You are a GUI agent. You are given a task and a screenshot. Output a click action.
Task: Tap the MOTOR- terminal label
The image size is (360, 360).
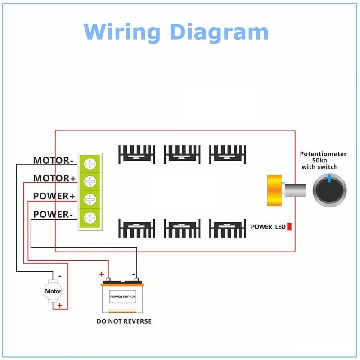coord(53,160)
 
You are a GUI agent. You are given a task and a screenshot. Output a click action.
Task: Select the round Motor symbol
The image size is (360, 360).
coord(53,291)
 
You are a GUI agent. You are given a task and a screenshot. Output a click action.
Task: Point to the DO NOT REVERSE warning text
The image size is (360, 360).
coord(124,321)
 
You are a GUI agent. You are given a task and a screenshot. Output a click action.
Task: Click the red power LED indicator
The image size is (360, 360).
coord(289,226)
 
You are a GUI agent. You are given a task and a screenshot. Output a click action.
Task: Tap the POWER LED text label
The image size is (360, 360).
coord(268,227)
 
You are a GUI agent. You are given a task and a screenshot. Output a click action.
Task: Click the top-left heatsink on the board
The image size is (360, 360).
coord(137,154)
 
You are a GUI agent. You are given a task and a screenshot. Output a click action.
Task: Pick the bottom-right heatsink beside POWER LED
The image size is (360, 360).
coord(227,228)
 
